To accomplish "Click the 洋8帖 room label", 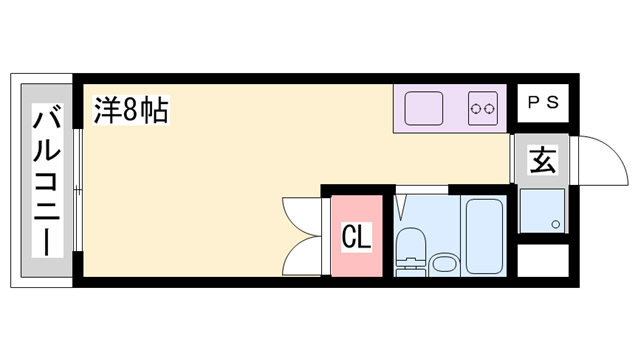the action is [x=131, y=110].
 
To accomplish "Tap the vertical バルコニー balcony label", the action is [x=47, y=180].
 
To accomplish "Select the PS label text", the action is [x=543, y=102].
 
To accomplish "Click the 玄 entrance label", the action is [x=542, y=160].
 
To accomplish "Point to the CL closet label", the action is [x=356, y=237].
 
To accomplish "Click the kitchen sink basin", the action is [x=424, y=108].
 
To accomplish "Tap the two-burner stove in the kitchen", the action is [x=483, y=108].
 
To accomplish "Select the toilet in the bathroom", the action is [x=411, y=251].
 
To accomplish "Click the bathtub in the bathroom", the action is [x=484, y=236].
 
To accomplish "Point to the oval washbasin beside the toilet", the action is [x=444, y=263].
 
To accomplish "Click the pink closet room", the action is [x=356, y=236].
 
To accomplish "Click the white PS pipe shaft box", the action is [x=543, y=103].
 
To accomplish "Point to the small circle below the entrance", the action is [x=555, y=224].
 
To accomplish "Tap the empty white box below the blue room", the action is [x=543, y=260].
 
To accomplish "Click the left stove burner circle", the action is [x=476, y=109].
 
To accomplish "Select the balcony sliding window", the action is [x=78, y=190].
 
